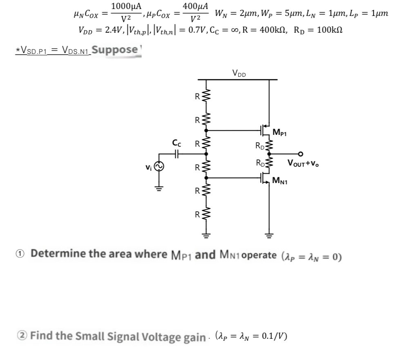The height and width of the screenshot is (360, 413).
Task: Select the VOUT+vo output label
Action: click(x=304, y=164)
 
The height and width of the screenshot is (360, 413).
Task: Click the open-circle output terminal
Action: click(x=301, y=154)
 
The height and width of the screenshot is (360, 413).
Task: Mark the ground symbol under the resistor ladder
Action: click(x=206, y=236)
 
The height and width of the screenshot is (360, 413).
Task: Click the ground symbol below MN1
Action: click(x=269, y=236)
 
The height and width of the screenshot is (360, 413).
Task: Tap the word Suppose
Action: click(x=116, y=50)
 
